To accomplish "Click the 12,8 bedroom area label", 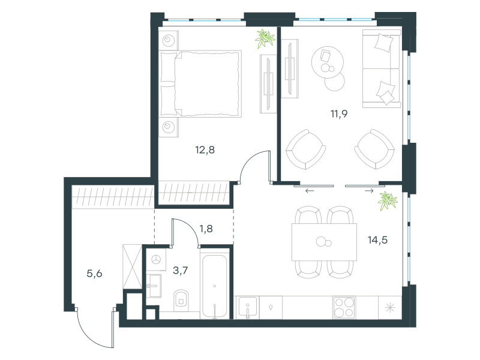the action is click(x=205, y=150).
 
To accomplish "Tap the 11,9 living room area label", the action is click(x=339, y=114).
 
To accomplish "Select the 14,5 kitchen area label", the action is click(x=377, y=240).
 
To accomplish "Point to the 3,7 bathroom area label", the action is click(x=181, y=271).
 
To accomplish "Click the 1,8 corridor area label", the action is click(x=206, y=229).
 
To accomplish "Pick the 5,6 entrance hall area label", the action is click(x=94, y=274).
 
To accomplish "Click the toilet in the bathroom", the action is click(x=181, y=300).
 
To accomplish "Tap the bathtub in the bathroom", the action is click(x=215, y=287).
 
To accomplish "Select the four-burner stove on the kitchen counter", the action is click(x=344, y=307).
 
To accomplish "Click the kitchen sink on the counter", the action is click(x=248, y=308).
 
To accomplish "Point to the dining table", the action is click(x=324, y=242).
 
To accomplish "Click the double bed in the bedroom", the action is click(x=200, y=84).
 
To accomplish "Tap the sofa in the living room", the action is click(x=382, y=68).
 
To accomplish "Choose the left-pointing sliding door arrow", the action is click(x=310, y=191).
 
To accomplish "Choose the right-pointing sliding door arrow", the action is click(x=369, y=191).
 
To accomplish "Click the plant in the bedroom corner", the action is click(x=265, y=38).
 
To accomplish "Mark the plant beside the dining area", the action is click(x=388, y=201).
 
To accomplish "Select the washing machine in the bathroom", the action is click(x=157, y=259).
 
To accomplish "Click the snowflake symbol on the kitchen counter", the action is click(x=390, y=308).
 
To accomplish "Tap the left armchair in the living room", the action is click(x=305, y=149).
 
